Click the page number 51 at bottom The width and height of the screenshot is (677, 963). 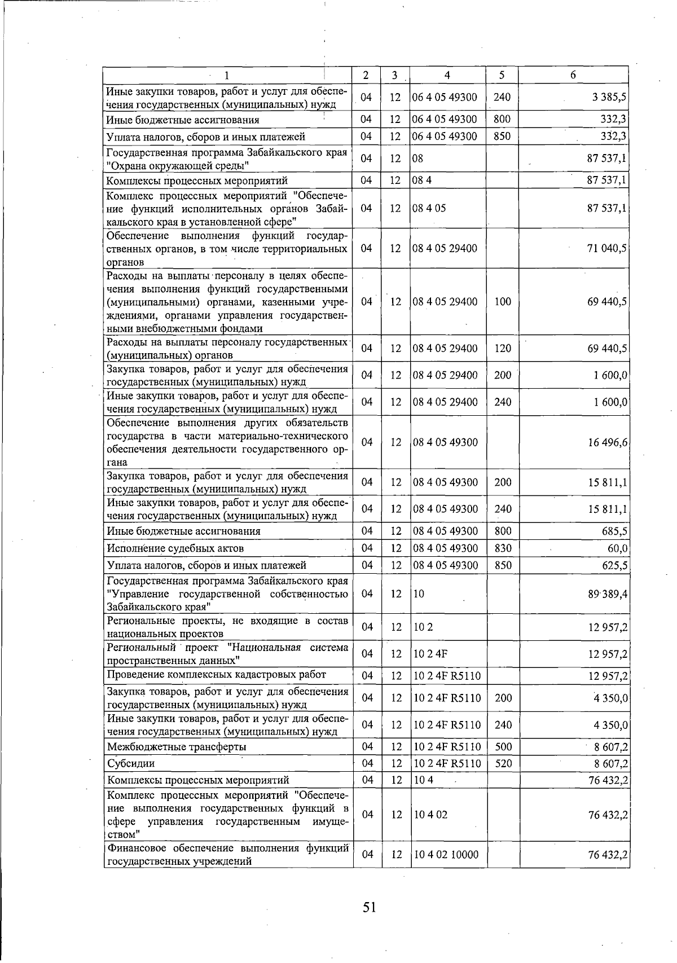369,907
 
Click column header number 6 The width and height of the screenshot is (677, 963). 573,75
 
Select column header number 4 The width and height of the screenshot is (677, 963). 447,75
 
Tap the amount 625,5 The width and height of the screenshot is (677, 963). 615,565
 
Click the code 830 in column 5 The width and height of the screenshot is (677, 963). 502,548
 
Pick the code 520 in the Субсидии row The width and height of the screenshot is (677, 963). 502,764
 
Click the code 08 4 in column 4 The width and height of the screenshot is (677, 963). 421,181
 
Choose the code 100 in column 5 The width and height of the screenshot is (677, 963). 502,302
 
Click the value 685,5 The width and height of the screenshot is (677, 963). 615,531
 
